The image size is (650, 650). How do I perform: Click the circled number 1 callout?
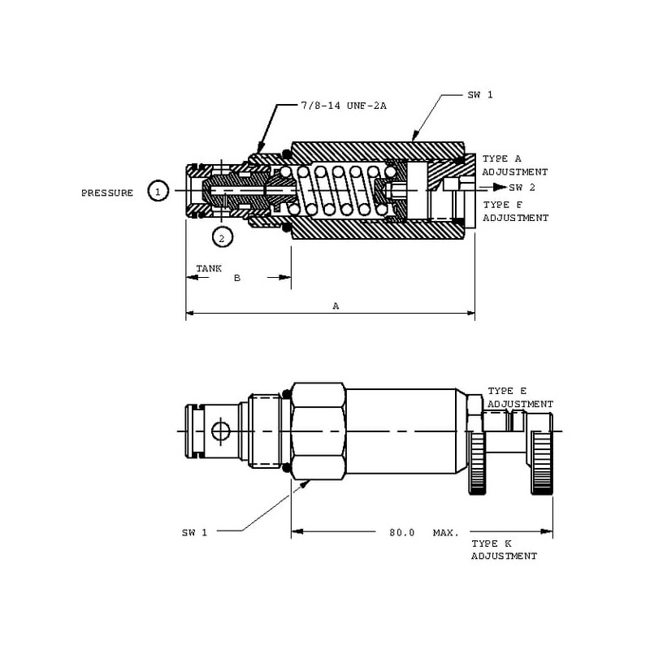(x=158, y=191)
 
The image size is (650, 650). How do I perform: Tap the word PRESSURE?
(x=107, y=193)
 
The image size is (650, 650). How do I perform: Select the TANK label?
(x=209, y=268)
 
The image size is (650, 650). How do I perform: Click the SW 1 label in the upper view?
(x=480, y=95)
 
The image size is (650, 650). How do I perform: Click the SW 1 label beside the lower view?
(x=194, y=532)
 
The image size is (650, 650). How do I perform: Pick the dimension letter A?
(x=336, y=306)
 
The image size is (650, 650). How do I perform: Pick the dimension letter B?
(x=237, y=278)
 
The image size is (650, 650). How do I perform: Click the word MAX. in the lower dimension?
(x=445, y=532)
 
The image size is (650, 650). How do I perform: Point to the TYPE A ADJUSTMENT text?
(x=514, y=165)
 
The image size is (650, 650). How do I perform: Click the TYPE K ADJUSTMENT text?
(x=504, y=549)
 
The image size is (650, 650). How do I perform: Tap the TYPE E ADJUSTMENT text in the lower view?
(x=520, y=397)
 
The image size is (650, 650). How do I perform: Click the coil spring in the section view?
(x=337, y=192)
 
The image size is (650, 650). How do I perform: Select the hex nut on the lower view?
(x=318, y=430)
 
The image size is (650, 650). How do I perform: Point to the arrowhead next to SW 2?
(x=497, y=187)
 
